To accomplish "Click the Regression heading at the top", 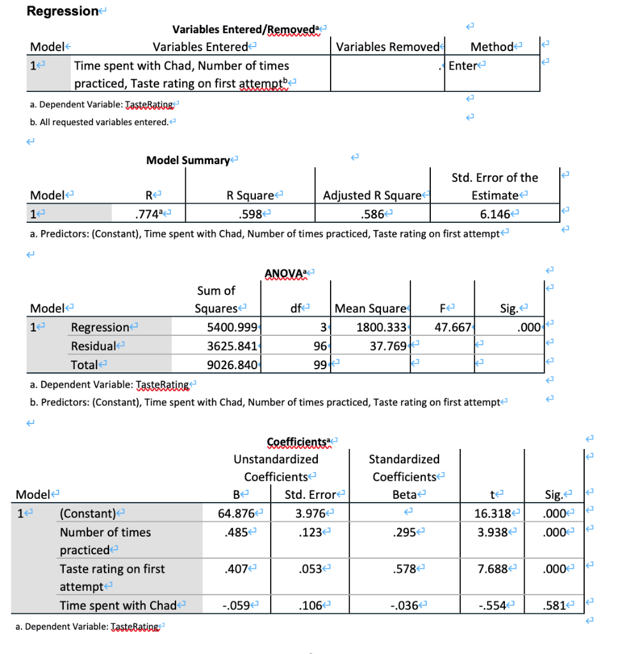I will [x=62, y=11].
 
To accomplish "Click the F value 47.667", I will [x=452, y=328].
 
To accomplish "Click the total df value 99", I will [x=322, y=365].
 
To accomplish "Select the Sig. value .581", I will [x=553, y=605].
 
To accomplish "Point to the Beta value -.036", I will [x=406, y=605].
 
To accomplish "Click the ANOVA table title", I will [x=283, y=275].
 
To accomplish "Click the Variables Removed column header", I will [x=387, y=47].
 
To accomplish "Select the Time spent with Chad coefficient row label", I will [x=118, y=605].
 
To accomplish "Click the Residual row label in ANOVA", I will [x=93, y=346].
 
